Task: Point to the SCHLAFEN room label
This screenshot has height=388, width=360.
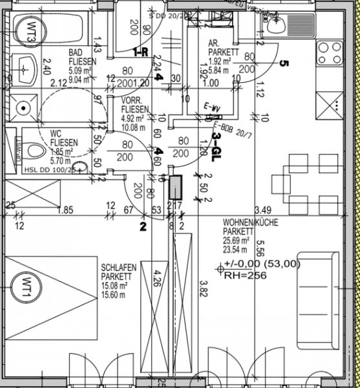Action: [x=117, y=266]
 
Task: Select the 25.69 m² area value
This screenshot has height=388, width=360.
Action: [x=238, y=239]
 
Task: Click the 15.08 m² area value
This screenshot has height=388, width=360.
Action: [x=114, y=285]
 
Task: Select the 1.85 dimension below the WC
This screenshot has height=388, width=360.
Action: [x=64, y=210]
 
